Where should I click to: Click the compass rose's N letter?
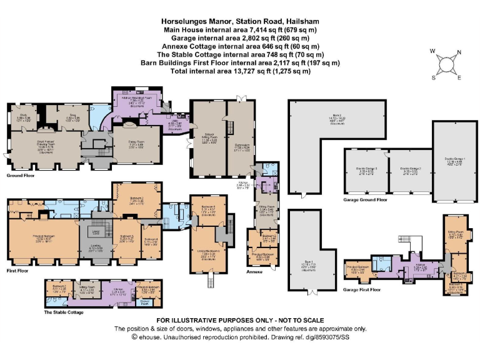(x=459, y=53)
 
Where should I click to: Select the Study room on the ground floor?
(x=22, y=116)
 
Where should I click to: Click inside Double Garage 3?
(x=364, y=172)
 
